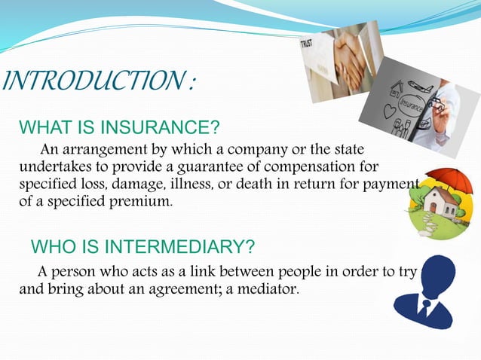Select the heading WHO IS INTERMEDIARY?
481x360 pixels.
coord(142,247)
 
